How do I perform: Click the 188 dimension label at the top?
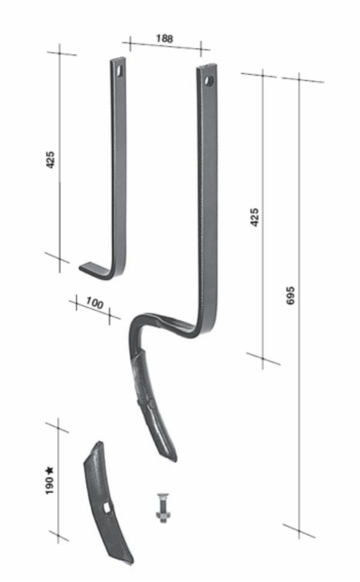point(165,39)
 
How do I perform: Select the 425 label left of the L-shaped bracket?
point(51,159)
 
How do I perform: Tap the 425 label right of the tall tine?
point(254,217)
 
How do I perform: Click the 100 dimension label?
point(94,303)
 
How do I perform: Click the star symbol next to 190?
point(50,469)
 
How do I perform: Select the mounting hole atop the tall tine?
point(208,80)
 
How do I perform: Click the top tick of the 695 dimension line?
point(299,77)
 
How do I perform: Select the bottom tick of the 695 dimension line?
point(299,530)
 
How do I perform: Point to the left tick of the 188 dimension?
point(129,42)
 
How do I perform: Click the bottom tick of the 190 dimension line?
point(58,535)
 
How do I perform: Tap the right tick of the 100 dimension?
point(109,315)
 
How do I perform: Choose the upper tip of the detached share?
point(100,443)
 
